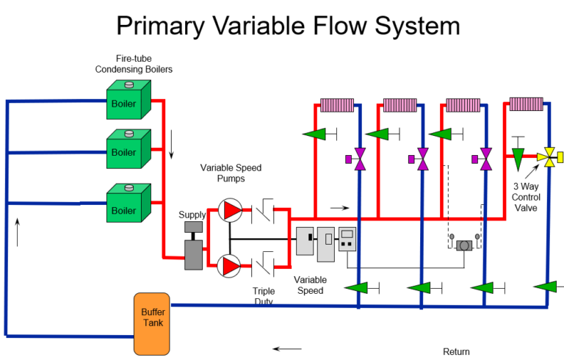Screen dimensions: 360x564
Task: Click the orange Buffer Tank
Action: pyautogui.click(x=152, y=323)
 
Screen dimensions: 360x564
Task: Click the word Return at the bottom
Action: pyautogui.click(x=456, y=352)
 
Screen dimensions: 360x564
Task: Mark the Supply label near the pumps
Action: pyautogui.click(x=192, y=215)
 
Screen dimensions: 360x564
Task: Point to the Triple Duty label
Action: pyautogui.click(x=264, y=296)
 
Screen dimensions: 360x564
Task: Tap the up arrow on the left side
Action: pyautogui.click(x=17, y=231)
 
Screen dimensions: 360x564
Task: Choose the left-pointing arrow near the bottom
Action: pyautogui.click(x=286, y=348)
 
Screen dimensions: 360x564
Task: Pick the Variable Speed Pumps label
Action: pyautogui.click(x=231, y=173)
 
